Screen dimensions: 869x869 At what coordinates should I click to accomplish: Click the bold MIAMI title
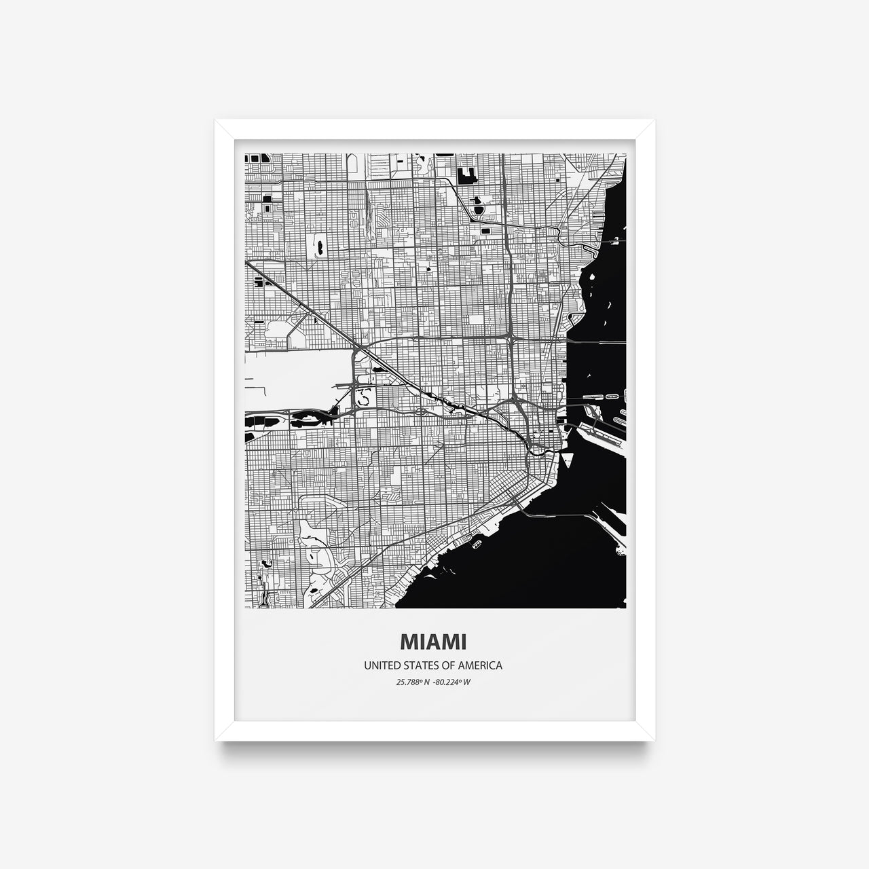click(433, 642)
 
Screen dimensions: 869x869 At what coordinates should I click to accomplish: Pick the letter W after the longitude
click(467, 682)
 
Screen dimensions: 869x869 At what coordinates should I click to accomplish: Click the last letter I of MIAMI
click(462, 642)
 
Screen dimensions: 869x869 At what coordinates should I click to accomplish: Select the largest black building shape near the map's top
click(467, 177)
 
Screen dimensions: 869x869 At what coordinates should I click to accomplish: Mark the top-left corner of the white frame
click(216, 121)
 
